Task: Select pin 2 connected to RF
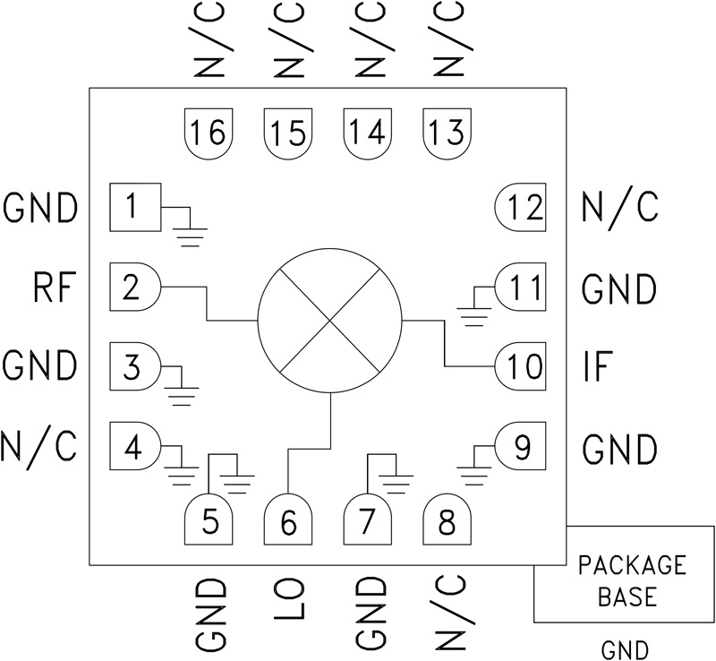click(134, 288)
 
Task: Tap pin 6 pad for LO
click(288, 522)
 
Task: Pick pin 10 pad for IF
click(522, 366)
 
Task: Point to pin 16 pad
click(209, 133)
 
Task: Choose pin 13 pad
click(446, 133)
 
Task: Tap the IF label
click(601, 366)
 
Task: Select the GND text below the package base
click(625, 648)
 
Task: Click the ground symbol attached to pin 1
click(190, 235)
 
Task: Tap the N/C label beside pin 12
click(620, 209)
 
